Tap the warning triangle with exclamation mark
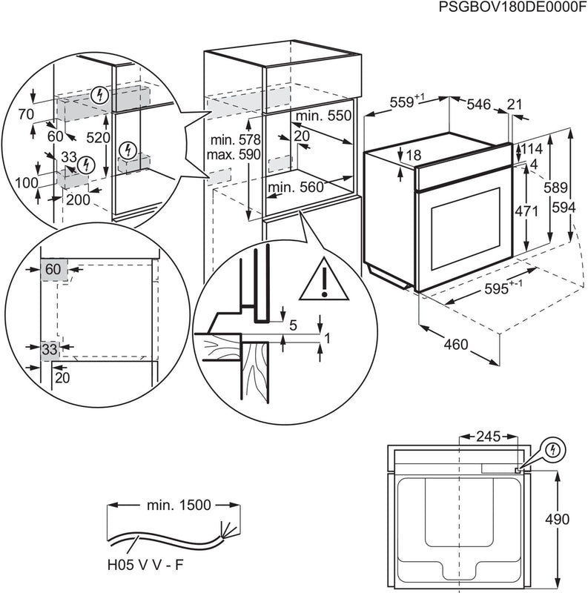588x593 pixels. click(324, 279)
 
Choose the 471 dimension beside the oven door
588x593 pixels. click(526, 211)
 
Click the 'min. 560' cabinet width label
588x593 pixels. click(296, 188)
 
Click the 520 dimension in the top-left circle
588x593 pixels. click(98, 138)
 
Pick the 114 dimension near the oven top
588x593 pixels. click(532, 149)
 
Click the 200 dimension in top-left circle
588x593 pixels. click(78, 199)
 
